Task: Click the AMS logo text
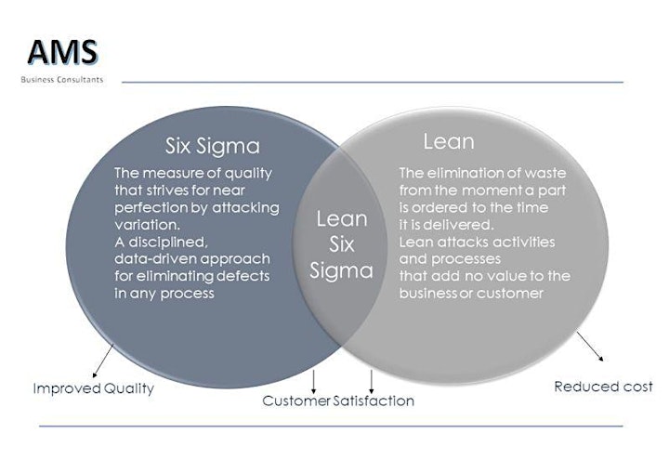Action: (x=63, y=52)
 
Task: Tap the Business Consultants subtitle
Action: (x=62, y=79)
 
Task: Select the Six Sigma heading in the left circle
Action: (x=213, y=146)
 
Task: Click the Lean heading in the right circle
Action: (x=449, y=141)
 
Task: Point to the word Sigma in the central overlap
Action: (x=341, y=270)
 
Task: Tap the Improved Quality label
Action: (x=94, y=388)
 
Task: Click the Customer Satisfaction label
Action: (x=338, y=401)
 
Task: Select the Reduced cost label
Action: (x=603, y=387)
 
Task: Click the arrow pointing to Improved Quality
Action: (x=103, y=361)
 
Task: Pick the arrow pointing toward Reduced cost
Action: (x=590, y=347)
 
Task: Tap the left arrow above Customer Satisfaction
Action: (x=314, y=382)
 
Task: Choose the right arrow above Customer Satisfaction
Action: (x=371, y=382)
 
